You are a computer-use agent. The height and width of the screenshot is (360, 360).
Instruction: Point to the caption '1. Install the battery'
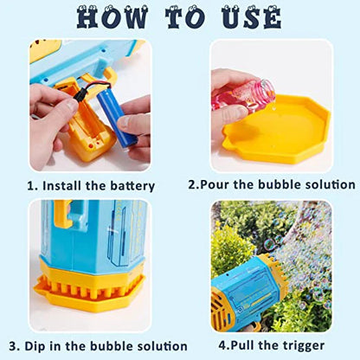point(92,185)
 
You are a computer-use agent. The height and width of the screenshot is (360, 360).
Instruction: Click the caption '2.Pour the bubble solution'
point(272,184)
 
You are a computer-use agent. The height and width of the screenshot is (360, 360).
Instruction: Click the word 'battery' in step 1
point(132,185)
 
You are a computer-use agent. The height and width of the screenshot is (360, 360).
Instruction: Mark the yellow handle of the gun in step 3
point(61,230)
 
